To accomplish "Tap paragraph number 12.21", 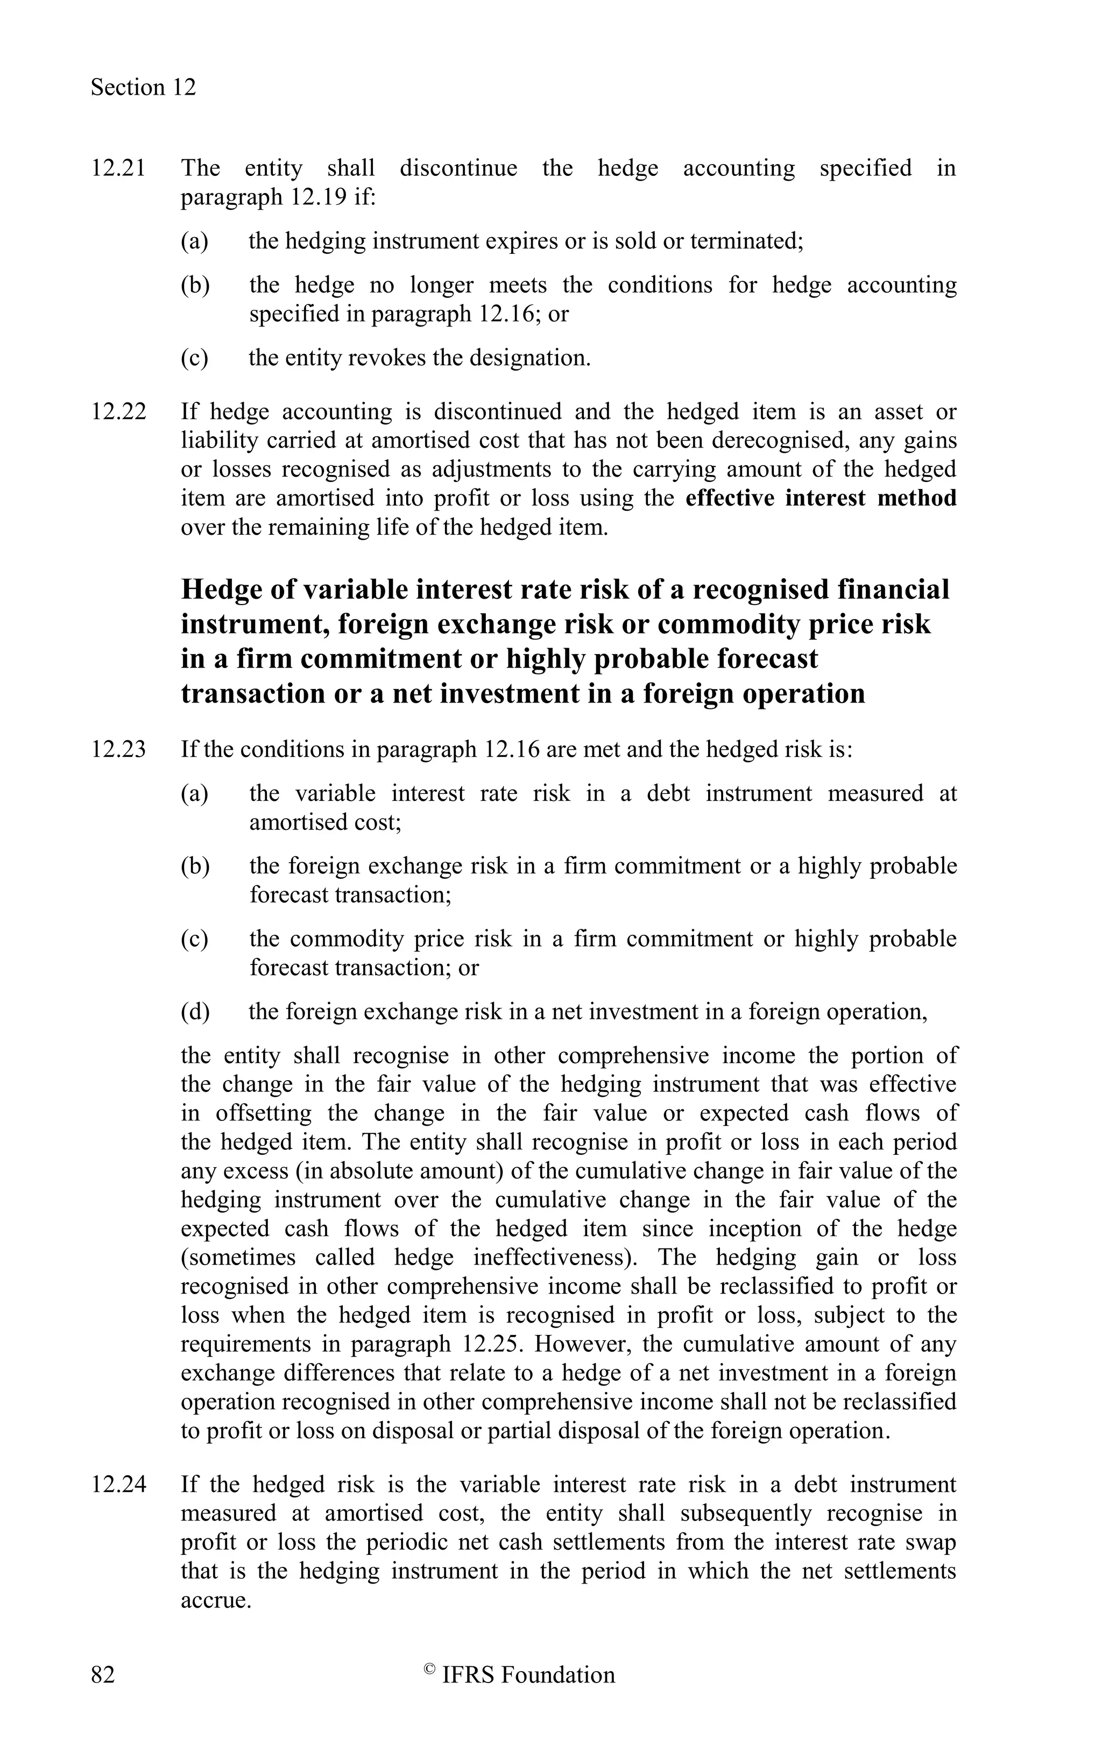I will (118, 168).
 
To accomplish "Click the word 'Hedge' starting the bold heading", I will (221, 590).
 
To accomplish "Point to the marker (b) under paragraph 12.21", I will (195, 285).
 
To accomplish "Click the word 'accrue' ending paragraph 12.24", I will (213, 1600).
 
